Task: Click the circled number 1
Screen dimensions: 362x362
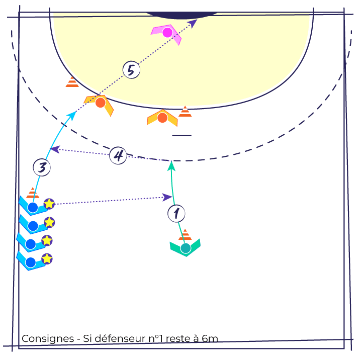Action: pyautogui.click(x=176, y=214)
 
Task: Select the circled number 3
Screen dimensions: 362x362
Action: pyautogui.click(x=42, y=167)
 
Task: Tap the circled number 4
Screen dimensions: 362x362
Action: pyautogui.click(x=118, y=155)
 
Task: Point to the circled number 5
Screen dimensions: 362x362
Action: pyautogui.click(x=131, y=70)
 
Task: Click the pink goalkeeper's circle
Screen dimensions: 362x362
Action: pyautogui.click(x=167, y=32)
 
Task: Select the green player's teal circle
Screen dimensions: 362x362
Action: pyautogui.click(x=186, y=248)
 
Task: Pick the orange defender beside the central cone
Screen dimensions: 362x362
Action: pyautogui.click(x=162, y=118)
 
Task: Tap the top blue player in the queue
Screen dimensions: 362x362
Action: pyautogui.click(x=33, y=207)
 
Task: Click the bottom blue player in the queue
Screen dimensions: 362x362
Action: pyautogui.click(x=31, y=262)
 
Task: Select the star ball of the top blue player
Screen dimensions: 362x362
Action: pyautogui.click(x=49, y=204)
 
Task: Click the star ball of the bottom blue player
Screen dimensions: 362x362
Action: pyautogui.click(x=47, y=259)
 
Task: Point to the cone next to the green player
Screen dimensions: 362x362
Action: pyautogui.click(x=185, y=235)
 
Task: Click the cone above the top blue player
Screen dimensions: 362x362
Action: pyautogui.click(x=33, y=193)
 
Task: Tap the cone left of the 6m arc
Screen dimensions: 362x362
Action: pyautogui.click(x=72, y=82)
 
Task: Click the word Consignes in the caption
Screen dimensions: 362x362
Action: pyautogui.click(x=48, y=339)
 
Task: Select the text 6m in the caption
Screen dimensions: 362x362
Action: pyautogui.click(x=210, y=339)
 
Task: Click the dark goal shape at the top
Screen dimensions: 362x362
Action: pyautogui.click(x=182, y=15)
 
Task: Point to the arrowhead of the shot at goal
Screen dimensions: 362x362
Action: pyautogui.click(x=193, y=23)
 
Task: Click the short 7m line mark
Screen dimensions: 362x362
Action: pyautogui.click(x=182, y=135)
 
